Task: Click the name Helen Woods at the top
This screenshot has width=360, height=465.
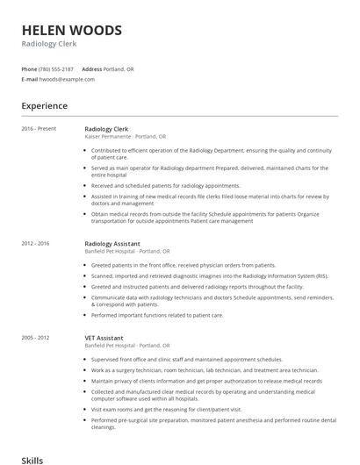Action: tap(72, 31)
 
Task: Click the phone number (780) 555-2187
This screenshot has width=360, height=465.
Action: tap(55, 68)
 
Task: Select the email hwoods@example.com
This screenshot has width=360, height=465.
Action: tap(67, 79)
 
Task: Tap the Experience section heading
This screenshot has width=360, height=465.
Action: tap(44, 106)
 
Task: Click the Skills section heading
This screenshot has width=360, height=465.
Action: tap(32, 459)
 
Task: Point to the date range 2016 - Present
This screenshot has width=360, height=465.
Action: tap(39, 129)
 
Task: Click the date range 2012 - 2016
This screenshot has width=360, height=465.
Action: tap(35, 243)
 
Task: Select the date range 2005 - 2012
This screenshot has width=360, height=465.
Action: tap(35, 337)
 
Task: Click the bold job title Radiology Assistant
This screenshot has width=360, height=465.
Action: tap(114, 243)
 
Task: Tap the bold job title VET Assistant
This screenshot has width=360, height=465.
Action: tap(104, 337)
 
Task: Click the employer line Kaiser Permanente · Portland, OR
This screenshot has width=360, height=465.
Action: tap(125, 137)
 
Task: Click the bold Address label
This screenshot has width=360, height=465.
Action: tap(91, 68)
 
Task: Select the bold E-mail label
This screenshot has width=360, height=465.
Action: tap(30, 79)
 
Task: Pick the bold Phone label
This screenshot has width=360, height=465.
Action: tap(28, 68)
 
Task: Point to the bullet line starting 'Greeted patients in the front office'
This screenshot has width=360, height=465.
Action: tap(183, 265)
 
